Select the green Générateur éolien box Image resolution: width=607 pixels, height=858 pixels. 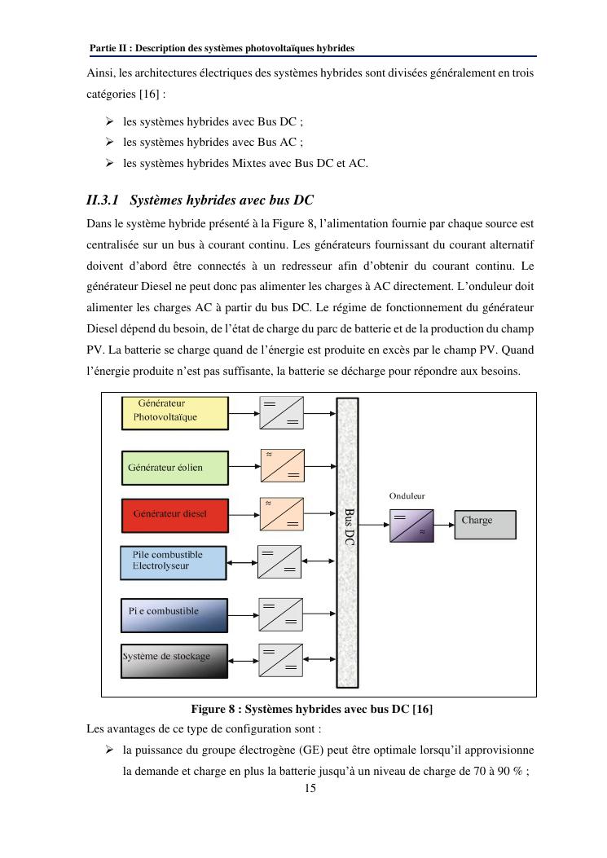[x=174, y=467]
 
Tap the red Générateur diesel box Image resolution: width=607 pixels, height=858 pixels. [x=174, y=514]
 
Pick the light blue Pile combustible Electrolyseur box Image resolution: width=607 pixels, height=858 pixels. [x=173, y=562]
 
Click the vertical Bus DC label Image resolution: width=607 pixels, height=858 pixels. [x=348, y=526]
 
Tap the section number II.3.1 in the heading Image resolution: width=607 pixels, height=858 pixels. [x=103, y=200]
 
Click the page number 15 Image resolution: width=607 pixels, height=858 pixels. [x=309, y=788]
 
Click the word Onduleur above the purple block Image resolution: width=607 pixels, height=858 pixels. [x=407, y=495]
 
